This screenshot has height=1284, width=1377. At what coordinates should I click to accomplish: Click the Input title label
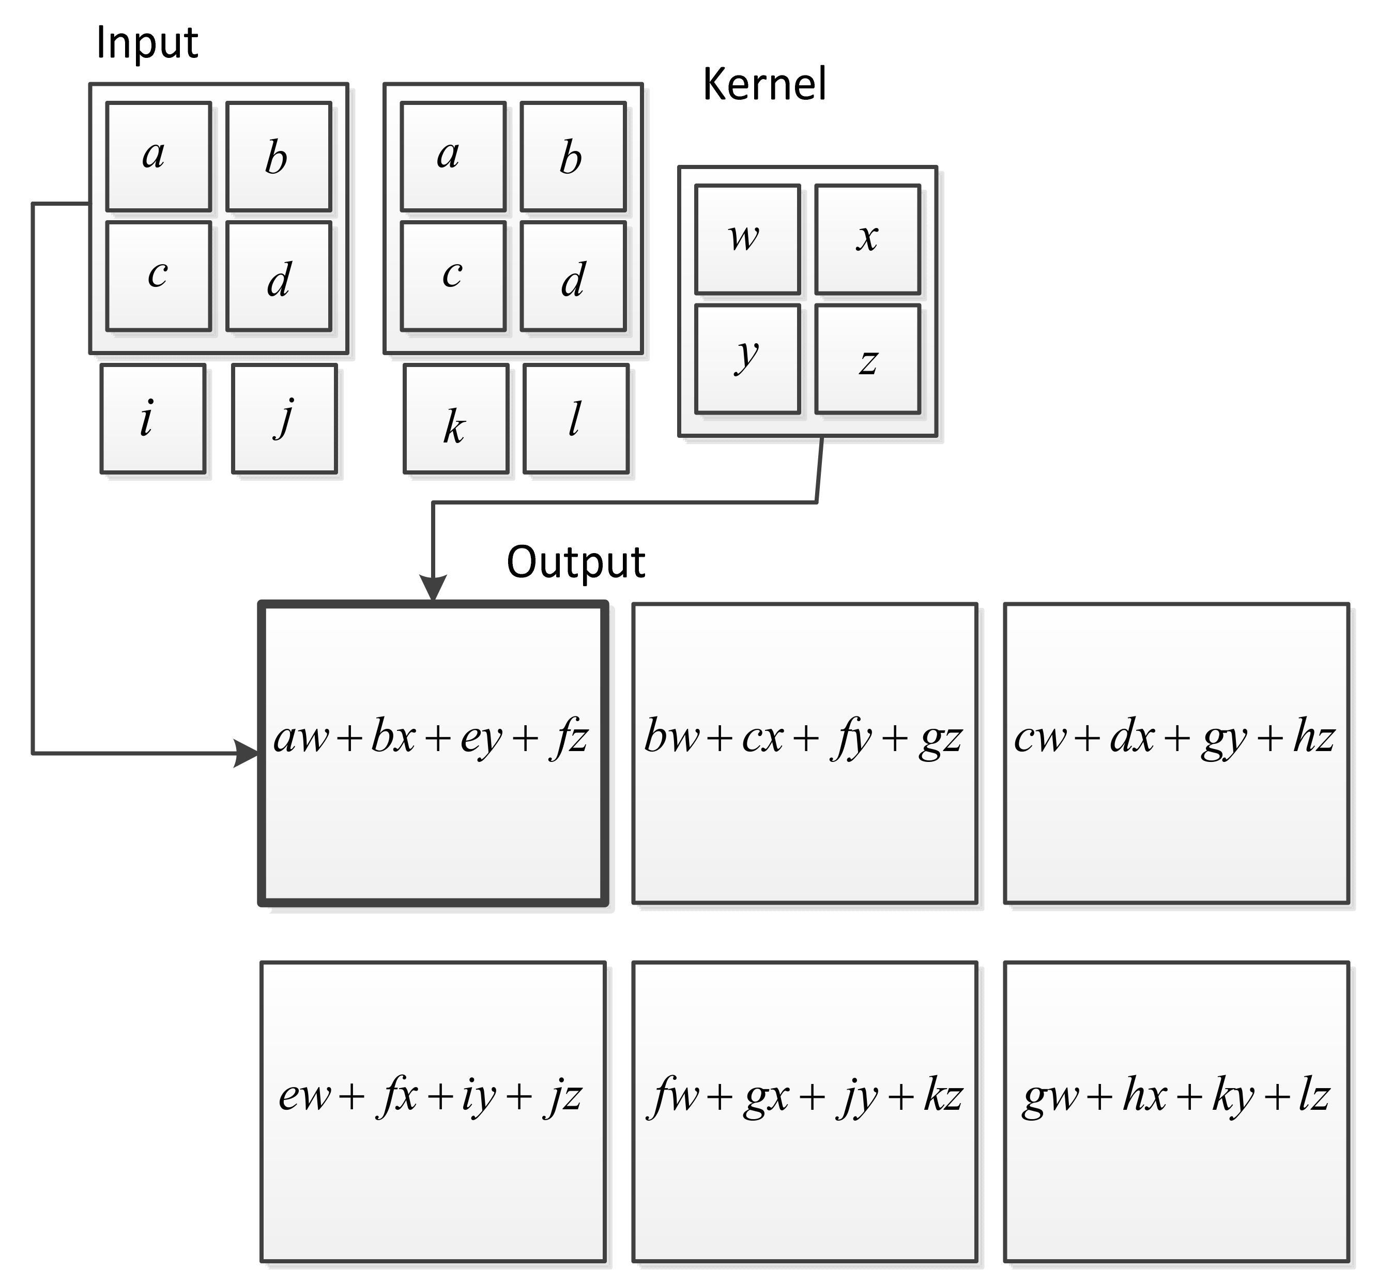click(147, 43)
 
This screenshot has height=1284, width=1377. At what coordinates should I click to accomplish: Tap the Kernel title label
click(764, 84)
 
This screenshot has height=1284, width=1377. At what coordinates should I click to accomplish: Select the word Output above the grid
click(576, 562)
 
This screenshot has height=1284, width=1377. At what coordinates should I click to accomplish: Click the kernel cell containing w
click(747, 239)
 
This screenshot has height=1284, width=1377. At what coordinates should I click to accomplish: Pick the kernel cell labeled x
click(867, 239)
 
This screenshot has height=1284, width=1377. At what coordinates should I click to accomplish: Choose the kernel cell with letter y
click(747, 359)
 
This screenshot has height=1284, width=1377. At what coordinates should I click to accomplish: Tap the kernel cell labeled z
click(867, 359)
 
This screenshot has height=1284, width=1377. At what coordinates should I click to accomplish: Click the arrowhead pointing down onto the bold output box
click(434, 589)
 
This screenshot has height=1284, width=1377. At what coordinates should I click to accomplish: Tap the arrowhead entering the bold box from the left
click(247, 753)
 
